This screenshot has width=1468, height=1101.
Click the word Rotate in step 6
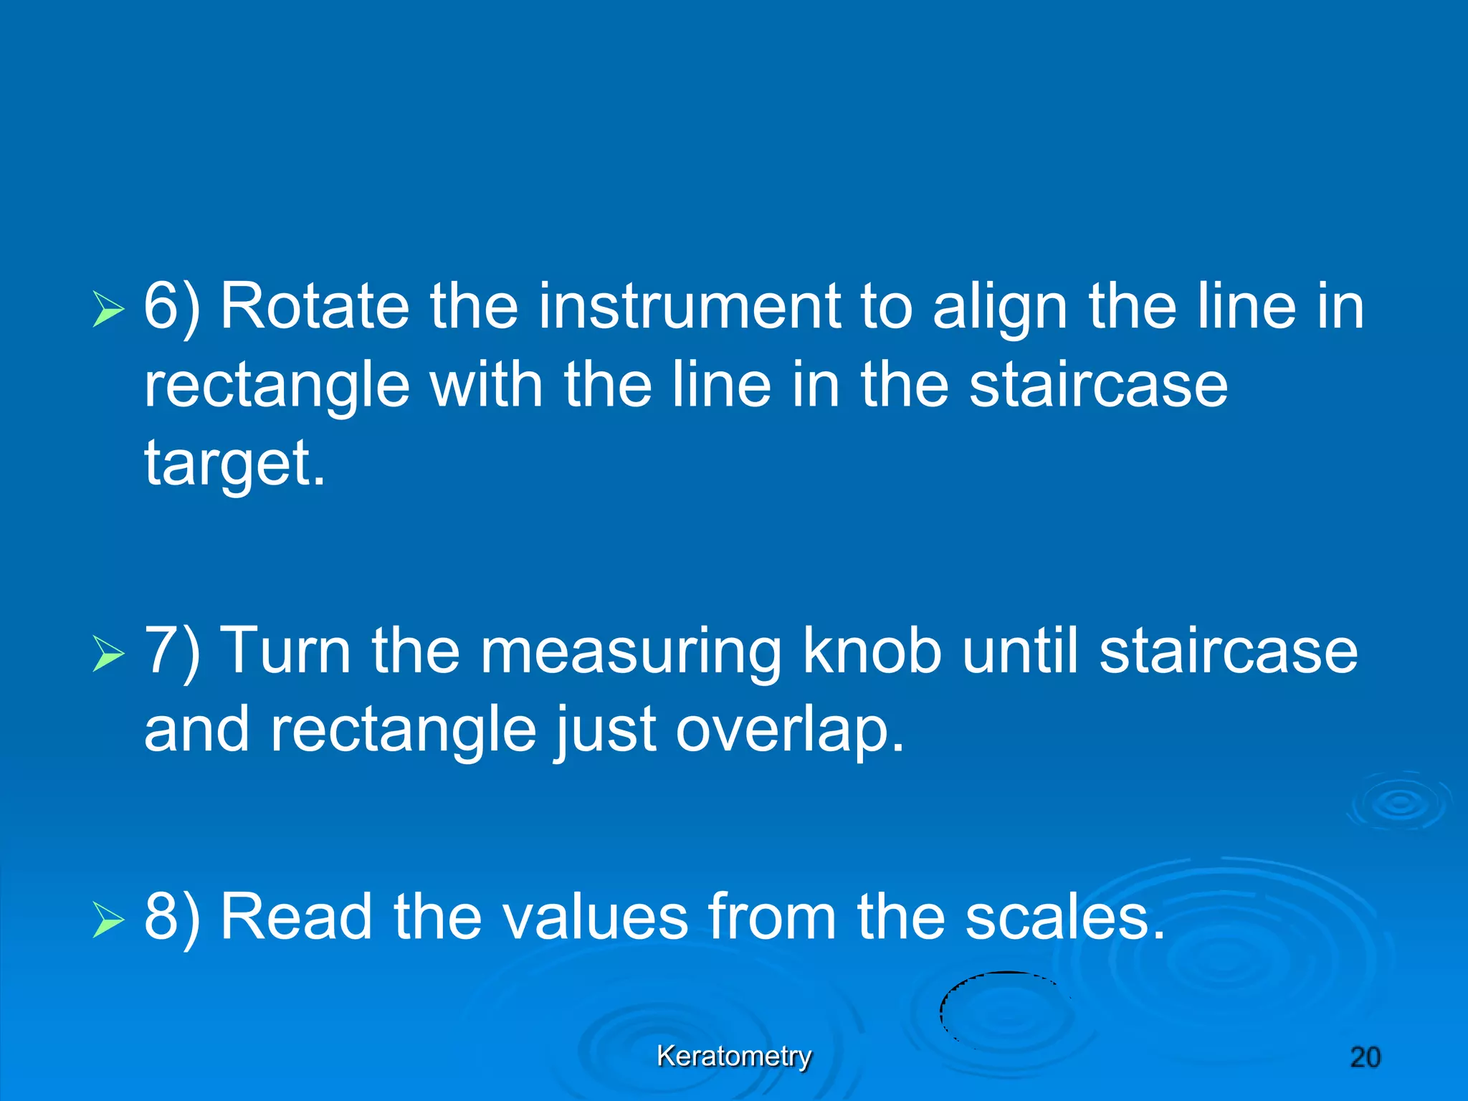pyautogui.click(x=314, y=307)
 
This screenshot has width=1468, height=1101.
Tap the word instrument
pyautogui.click(x=690, y=307)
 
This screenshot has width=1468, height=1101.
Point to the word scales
pyautogui.click(x=1064, y=917)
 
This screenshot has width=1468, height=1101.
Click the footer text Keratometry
pyautogui.click(x=734, y=1056)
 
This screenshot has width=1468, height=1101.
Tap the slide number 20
pyautogui.click(x=1365, y=1057)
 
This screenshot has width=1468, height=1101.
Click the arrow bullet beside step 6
pyautogui.click(x=108, y=310)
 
